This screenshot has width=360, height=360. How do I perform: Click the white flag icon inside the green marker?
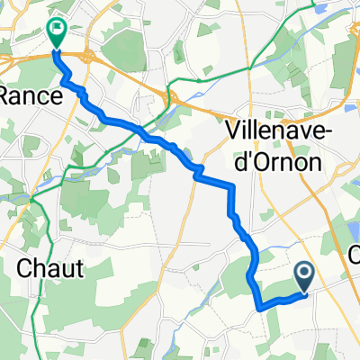tap(58, 30)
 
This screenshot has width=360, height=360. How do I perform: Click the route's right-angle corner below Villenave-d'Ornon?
tap(232, 186)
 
